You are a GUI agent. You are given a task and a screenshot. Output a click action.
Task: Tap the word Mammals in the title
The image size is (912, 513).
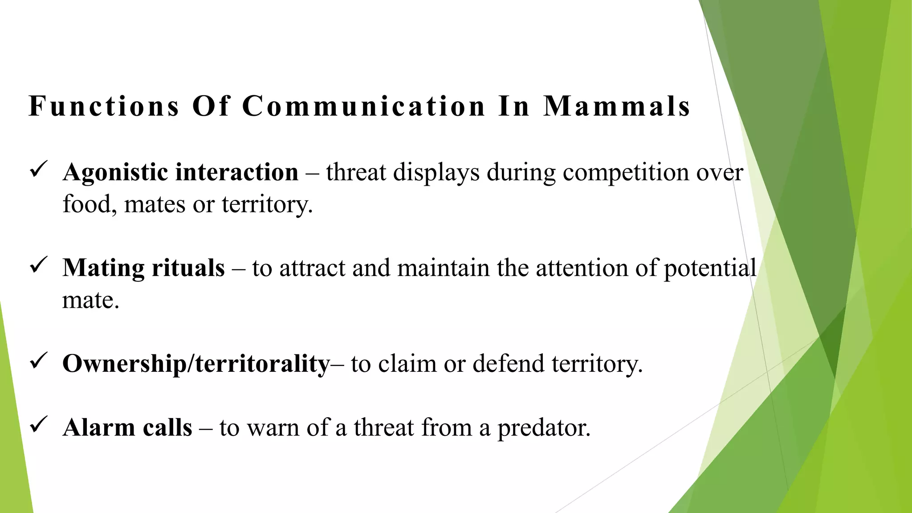[616, 106]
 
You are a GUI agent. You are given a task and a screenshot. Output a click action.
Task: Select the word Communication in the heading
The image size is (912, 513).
[363, 106]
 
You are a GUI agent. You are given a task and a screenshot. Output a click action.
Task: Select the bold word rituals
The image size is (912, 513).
[188, 268]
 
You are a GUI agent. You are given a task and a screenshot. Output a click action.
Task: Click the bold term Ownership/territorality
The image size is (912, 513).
[196, 364]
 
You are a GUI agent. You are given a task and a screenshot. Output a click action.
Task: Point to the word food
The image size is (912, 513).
[86, 205]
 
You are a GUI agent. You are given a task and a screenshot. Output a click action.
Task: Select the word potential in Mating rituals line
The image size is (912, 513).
[710, 269]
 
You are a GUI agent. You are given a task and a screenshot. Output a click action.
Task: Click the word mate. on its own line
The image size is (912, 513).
[90, 300]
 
